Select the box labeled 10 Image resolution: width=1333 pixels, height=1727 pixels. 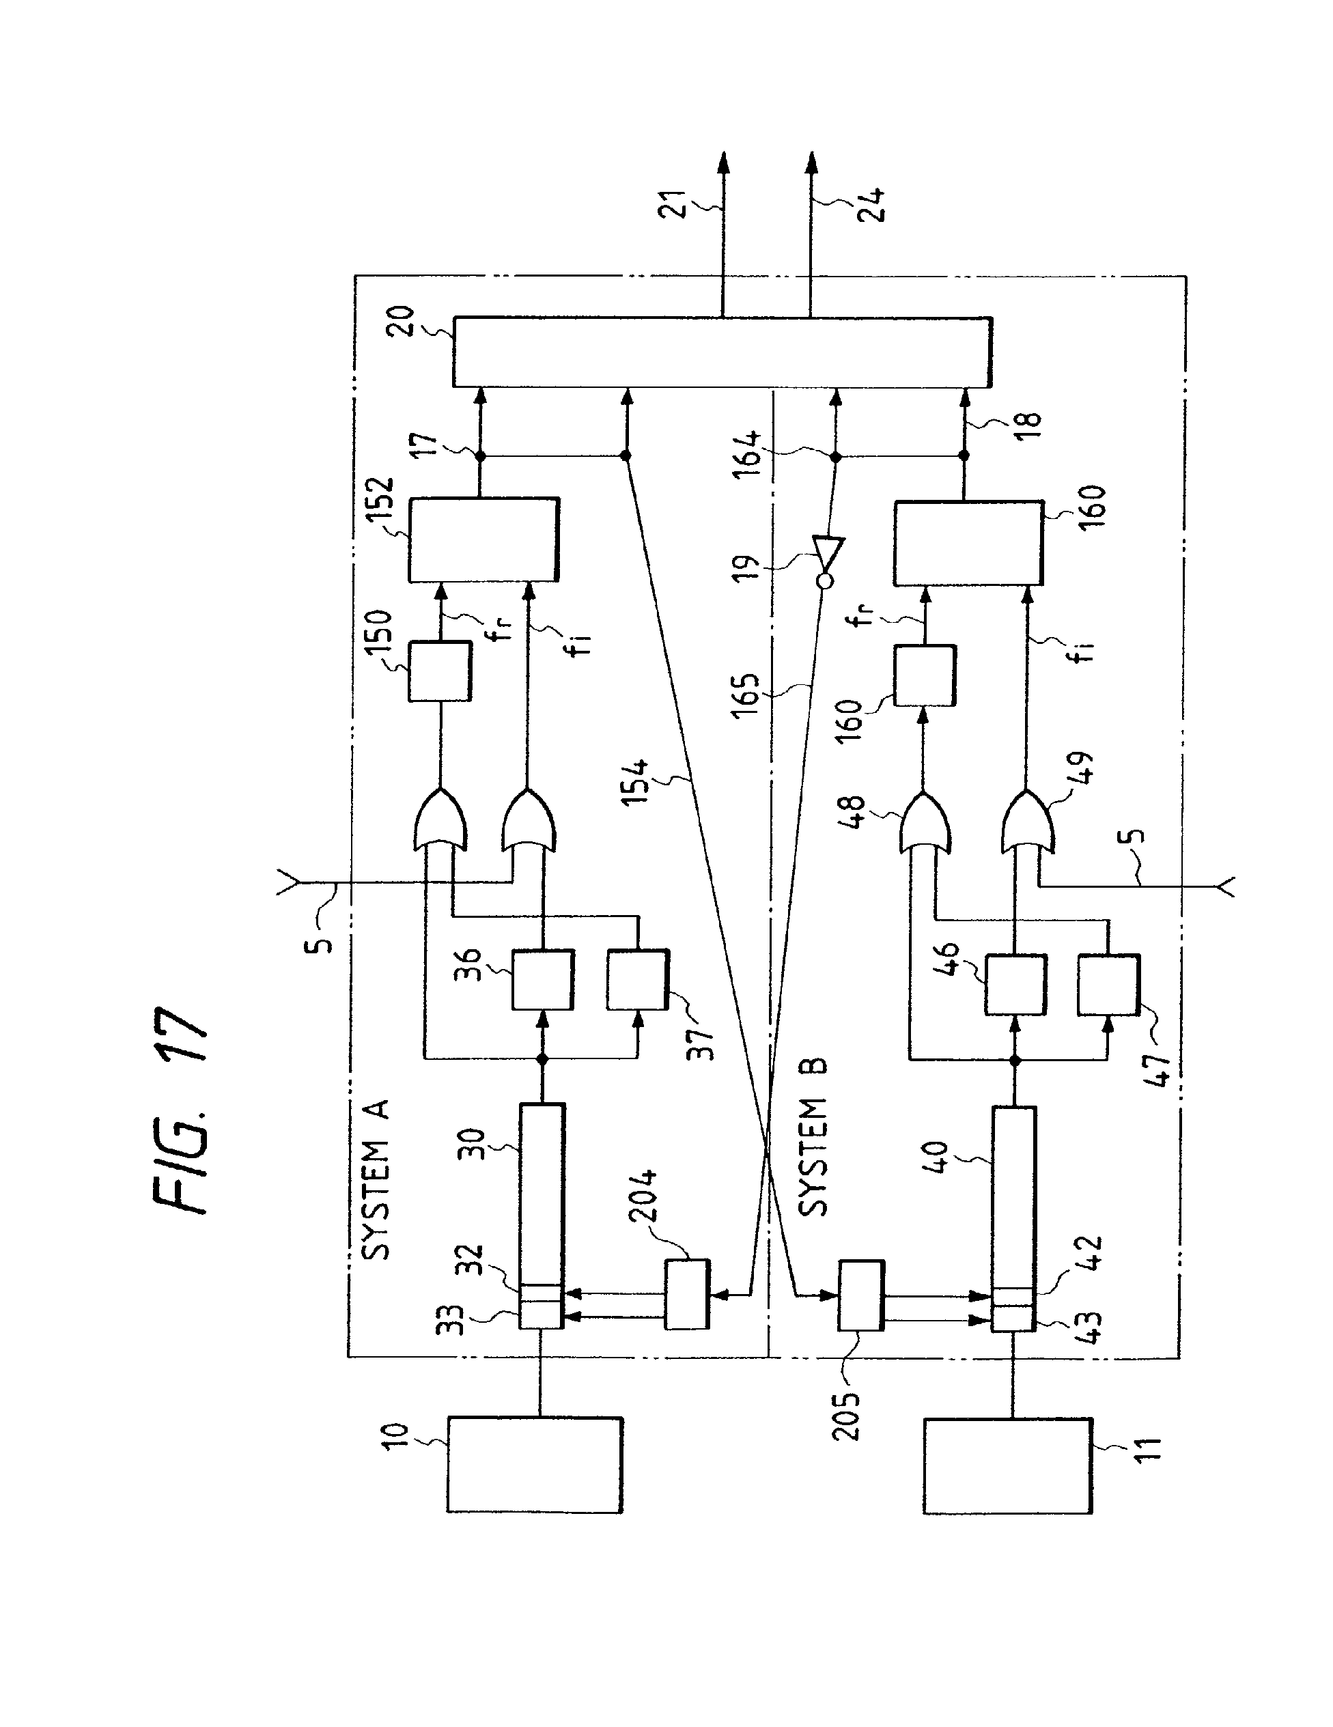pyautogui.click(x=535, y=1465)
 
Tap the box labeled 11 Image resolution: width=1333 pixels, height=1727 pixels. pyautogui.click(x=1008, y=1466)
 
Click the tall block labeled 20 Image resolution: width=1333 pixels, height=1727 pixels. pyautogui.click(x=722, y=352)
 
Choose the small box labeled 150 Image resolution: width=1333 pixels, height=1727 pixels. pyautogui.click(x=440, y=671)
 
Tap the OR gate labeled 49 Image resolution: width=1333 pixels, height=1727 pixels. pyautogui.click(x=1027, y=822)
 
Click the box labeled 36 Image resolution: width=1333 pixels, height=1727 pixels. pyautogui.click(x=542, y=980)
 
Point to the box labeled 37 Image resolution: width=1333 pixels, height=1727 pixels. pyautogui.click(x=637, y=980)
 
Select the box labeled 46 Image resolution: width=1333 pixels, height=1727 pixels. pyautogui.click(x=1015, y=985)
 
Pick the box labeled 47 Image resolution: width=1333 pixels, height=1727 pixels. pyautogui.click(x=1108, y=985)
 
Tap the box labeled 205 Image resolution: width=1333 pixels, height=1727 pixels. pyautogui.click(x=860, y=1296)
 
